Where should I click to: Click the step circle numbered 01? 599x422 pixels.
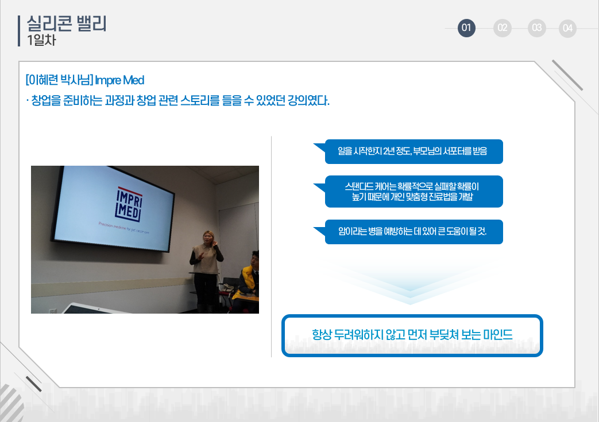click(x=466, y=28)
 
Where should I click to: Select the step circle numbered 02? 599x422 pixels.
click(x=503, y=28)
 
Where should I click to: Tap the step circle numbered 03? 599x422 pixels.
click(x=537, y=28)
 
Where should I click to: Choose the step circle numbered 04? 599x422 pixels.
click(x=567, y=28)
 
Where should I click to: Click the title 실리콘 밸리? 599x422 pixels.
click(x=67, y=24)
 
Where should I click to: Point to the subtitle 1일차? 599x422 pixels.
click(x=41, y=40)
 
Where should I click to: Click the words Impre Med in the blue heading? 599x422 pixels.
click(x=119, y=80)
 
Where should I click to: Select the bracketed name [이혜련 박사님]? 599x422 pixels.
click(x=59, y=80)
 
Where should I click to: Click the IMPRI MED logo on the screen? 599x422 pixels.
click(x=129, y=204)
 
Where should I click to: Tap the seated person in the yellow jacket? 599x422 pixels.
click(x=247, y=282)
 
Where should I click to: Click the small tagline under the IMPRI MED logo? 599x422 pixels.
click(x=124, y=228)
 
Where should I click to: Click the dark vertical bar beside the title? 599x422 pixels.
click(x=19, y=31)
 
